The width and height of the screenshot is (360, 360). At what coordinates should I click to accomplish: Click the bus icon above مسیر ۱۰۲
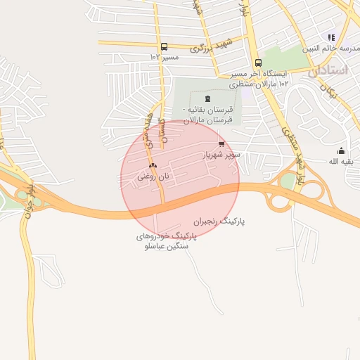[x=164, y=47]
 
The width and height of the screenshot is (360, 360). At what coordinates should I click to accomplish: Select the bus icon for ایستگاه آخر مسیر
[x=258, y=63]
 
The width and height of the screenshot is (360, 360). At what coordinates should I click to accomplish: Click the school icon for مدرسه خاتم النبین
[x=330, y=37]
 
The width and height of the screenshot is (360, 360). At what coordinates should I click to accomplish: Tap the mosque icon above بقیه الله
[x=342, y=150]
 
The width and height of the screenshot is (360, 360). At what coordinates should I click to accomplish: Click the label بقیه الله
[x=343, y=161]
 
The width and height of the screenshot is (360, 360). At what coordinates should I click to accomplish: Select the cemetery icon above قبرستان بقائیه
[x=207, y=98]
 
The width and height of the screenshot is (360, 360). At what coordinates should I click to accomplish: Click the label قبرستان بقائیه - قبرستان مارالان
[x=207, y=115]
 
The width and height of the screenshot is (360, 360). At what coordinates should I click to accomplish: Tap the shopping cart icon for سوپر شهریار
[x=222, y=143]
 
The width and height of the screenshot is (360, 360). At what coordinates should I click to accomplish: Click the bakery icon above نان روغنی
[x=152, y=167]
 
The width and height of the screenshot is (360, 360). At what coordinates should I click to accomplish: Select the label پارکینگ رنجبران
[x=223, y=221]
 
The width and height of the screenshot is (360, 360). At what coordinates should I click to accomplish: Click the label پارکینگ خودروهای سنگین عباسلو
[x=166, y=241]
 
